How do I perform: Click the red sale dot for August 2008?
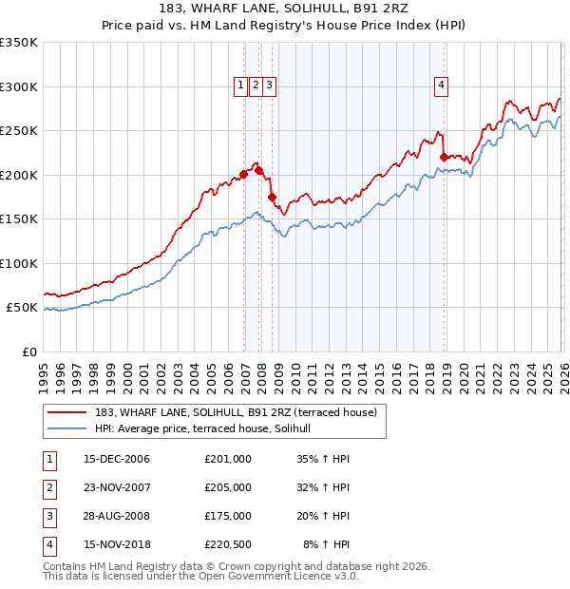273,198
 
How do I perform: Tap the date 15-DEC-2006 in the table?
117,459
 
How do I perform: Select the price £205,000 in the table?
227,487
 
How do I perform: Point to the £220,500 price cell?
227,544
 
